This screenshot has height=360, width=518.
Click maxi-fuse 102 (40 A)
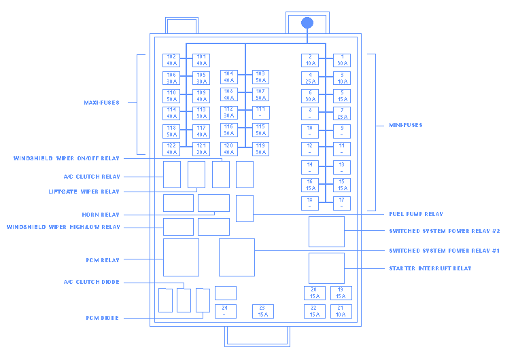click(171, 60)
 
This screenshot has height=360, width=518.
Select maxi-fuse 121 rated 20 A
click(201, 149)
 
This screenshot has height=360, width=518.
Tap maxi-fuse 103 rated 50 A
click(260, 77)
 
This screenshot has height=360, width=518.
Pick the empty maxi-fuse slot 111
click(260, 112)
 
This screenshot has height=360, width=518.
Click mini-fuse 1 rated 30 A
click(342, 60)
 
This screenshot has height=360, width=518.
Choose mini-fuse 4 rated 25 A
click(310, 78)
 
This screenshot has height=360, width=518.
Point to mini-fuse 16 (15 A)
click(310, 185)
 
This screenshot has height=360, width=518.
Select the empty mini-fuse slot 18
click(310, 202)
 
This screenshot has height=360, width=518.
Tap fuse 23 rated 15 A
click(262, 311)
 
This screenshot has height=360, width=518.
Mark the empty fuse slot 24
click(225, 311)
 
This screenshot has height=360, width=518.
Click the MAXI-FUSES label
click(101, 103)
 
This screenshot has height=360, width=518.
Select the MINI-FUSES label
click(405, 125)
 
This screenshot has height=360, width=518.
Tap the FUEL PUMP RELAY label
click(416, 214)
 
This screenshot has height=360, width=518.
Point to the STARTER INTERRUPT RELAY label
click(430, 268)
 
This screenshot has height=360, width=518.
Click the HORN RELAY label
click(101, 214)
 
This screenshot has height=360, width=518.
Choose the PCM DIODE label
click(103, 318)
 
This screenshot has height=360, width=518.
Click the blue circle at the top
click(307, 22)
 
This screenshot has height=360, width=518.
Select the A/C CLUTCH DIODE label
click(91, 282)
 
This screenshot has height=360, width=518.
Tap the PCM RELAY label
click(103, 259)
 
